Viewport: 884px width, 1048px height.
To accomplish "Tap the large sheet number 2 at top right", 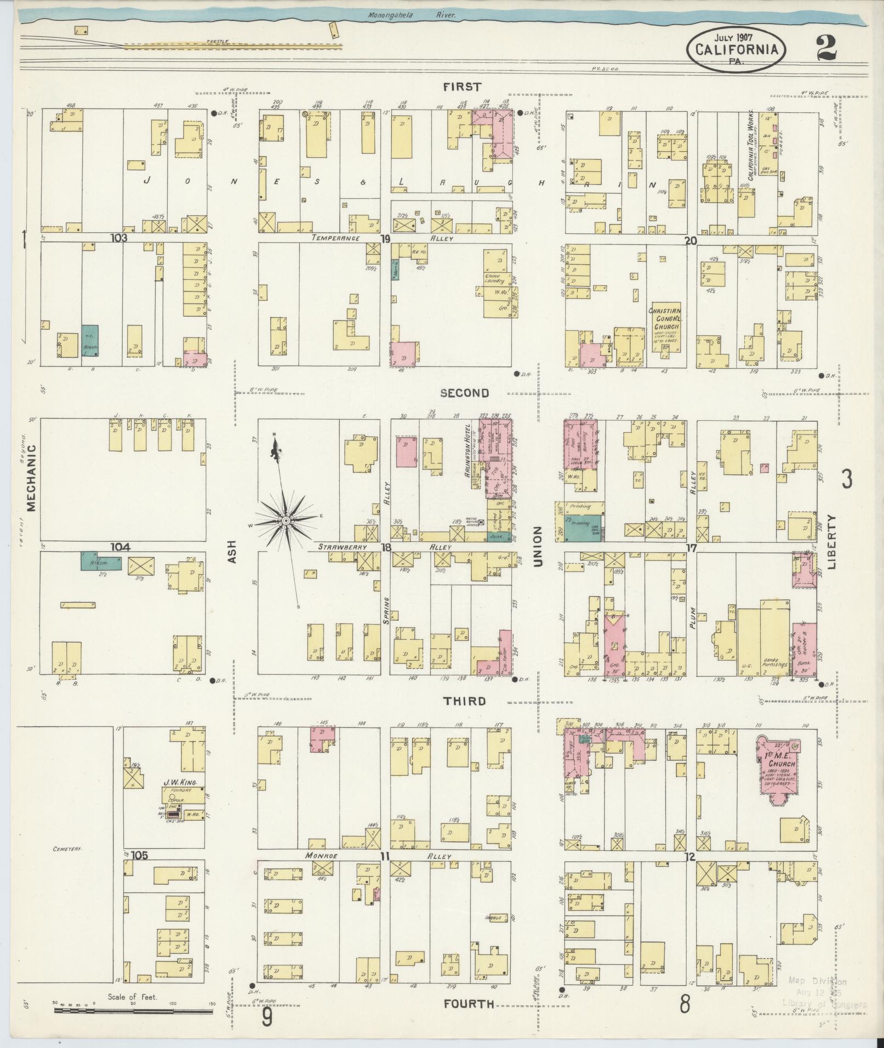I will pos(825,49).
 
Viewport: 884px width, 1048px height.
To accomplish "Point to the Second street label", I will pos(464,393).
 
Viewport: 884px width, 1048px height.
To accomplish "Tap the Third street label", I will pos(464,701).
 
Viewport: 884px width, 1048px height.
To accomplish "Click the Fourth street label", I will pos(469,1004).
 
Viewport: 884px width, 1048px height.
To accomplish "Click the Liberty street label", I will pos(833,542).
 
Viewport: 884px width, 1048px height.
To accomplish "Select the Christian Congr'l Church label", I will pos(664,319).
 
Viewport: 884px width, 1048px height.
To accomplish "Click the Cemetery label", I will pos(67,864).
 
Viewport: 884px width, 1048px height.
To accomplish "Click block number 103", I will pos(118,238).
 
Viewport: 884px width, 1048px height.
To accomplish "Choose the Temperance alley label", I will pos(335,238).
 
